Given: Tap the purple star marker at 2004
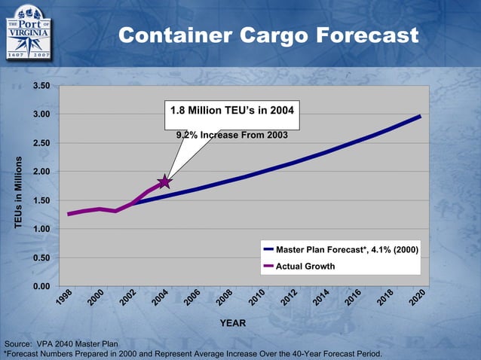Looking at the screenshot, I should click(164, 182).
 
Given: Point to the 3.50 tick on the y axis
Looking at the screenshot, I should click(41, 86).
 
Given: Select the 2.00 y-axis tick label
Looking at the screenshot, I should click(41, 172).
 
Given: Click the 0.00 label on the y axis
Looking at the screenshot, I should click(41, 287).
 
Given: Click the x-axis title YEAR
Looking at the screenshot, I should click(232, 323).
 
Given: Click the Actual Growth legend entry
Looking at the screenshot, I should click(305, 266).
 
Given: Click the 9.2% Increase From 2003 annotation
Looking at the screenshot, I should click(231, 136).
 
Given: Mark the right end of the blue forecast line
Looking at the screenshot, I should click(420, 116).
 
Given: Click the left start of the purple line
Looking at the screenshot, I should click(69, 214).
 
